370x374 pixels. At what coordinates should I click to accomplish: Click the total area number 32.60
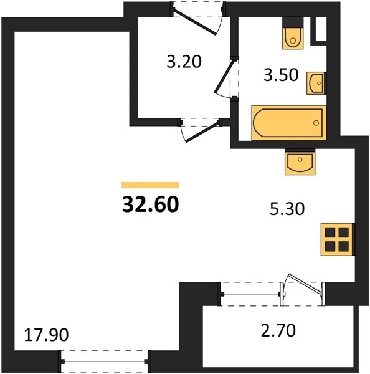(150, 204)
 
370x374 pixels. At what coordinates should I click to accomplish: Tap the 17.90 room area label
(47, 335)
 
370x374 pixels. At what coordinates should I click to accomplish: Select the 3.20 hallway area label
(184, 62)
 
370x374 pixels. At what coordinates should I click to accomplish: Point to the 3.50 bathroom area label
(281, 75)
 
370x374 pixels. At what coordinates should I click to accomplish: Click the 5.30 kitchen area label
(287, 209)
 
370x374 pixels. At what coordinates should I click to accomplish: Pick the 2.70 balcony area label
(278, 330)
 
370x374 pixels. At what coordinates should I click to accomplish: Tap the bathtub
(289, 123)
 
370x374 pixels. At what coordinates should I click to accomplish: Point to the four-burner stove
(337, 239)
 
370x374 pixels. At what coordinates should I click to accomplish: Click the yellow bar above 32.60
(150, 185)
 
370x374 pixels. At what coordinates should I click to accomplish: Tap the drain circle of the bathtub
(316, 123)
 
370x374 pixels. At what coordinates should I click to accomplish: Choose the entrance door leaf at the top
(195, 22)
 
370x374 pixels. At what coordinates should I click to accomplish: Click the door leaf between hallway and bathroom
(224, 76)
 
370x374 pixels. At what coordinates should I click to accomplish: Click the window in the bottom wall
(105, 362)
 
